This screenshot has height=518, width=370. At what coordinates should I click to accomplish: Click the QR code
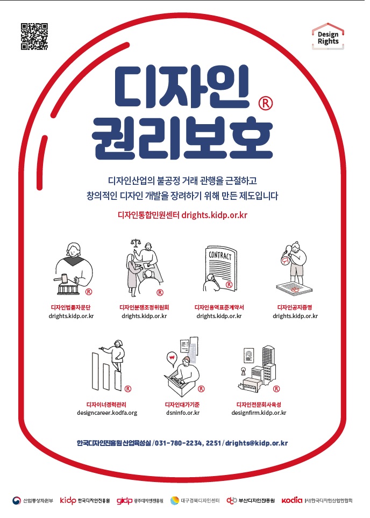34,37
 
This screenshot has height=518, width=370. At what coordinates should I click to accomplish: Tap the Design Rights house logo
328,37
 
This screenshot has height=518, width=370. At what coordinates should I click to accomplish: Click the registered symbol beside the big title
266,103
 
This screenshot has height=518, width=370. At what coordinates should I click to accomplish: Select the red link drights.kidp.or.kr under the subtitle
214,215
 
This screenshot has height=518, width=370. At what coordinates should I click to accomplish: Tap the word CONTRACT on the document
220,255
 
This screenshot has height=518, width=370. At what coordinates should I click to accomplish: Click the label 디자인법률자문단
70,307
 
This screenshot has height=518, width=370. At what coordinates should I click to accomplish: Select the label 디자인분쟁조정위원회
144,307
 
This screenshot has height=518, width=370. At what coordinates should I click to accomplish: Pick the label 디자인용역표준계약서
219,307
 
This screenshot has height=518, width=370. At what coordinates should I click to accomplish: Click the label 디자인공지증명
295,307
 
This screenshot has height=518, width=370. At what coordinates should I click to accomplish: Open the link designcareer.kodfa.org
107,413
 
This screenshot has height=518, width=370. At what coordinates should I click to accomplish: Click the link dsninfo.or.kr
183,413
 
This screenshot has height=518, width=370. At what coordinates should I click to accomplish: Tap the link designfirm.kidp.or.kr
259,413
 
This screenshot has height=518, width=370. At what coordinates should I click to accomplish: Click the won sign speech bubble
172,359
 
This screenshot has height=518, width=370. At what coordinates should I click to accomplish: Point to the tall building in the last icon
269,363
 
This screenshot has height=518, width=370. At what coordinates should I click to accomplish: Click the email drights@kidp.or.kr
257,443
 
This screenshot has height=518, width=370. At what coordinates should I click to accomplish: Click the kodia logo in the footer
292,500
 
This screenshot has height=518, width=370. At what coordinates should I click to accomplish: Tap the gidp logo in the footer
125,501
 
